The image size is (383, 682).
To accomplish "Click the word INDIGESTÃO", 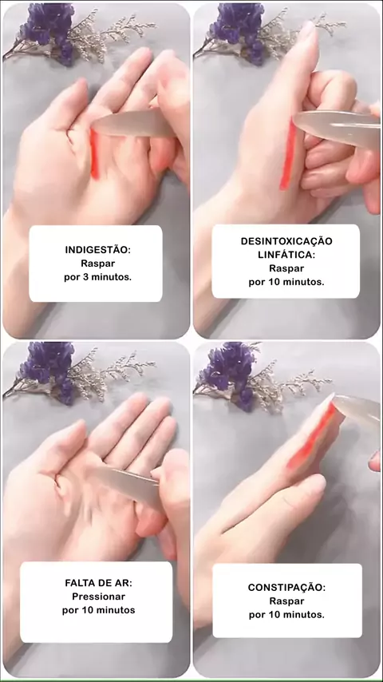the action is click(x=98, y=250).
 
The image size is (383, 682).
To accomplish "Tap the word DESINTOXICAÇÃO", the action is click(x=286, y=241).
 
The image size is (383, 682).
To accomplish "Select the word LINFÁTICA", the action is click(x=286, y=255).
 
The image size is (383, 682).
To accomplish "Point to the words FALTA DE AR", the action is click(x=98, y=582).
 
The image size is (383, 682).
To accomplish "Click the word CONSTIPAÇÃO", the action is click(x=286, y=587).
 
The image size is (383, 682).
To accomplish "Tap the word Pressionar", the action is click(x=98, y=597).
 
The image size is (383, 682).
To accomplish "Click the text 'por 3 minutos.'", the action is click(x=98, y=277).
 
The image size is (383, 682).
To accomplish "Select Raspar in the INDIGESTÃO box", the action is click(x=98, y=264).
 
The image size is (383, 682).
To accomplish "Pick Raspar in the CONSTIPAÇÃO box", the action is click(x=286, y=601).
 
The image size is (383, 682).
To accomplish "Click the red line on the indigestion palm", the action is click(x=94, y=154).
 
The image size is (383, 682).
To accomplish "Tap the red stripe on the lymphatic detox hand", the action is click(x=288, y=156).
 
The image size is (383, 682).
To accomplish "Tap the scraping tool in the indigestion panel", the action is click(x=132, y=123).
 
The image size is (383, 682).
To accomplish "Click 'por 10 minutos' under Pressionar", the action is click(x=98, y=610).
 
